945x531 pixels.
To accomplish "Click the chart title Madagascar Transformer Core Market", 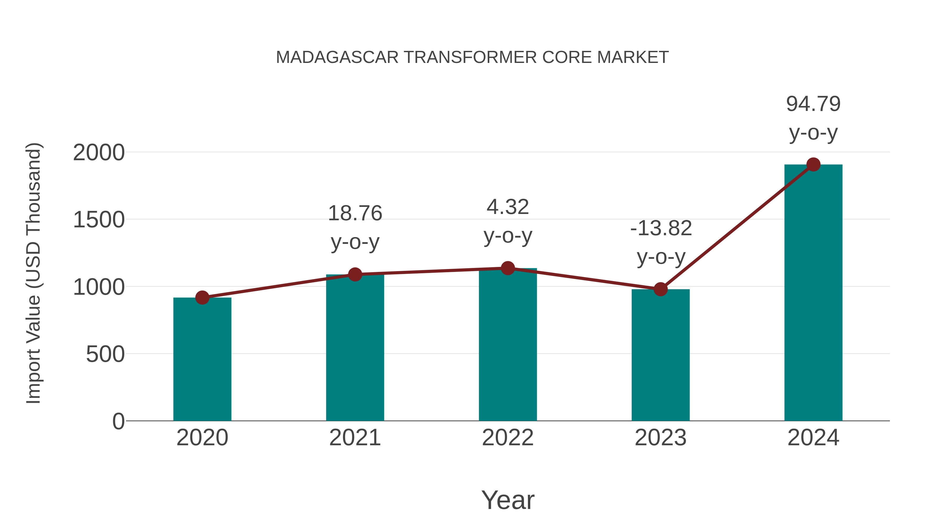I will pos(472,57).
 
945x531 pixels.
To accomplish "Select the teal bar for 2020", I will pos(202,359).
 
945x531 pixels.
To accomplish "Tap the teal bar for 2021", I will pos(355,348).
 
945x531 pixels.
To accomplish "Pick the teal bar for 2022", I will pos(508,345).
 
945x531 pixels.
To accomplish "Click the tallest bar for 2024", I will pos(813,293).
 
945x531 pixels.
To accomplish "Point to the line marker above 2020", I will pos(202,298).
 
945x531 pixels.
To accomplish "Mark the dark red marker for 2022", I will pos(508,268).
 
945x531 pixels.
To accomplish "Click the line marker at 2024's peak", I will pos(813,164).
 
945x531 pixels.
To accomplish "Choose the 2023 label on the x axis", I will pos(660,438).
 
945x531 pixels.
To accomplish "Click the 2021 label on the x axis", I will pos(355,438).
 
